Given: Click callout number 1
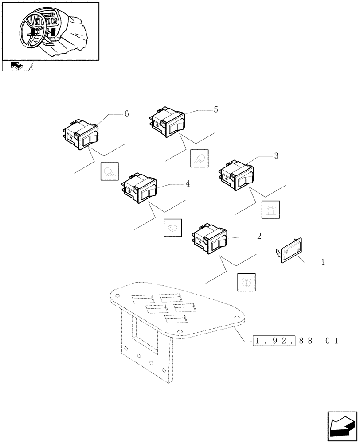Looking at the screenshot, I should (x=323, y=262).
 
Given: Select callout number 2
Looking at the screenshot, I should (x=259, y=236).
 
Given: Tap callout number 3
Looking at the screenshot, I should (x=276, y=155).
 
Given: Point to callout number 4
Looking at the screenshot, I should (x=188, y=183).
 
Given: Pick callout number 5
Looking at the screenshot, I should (x=215, y=109).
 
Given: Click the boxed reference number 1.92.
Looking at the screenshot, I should (x=274, y=341).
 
